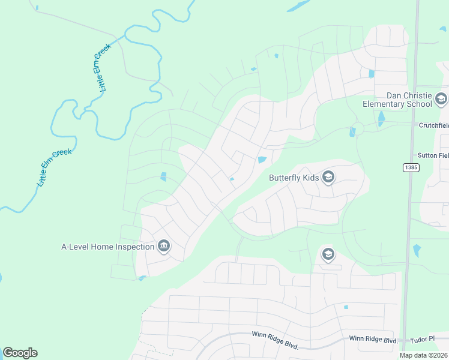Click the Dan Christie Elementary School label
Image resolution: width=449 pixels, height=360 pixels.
pyautogui.click(x=397, y=100)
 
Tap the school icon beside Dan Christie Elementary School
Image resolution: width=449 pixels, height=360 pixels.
pyautogui.click(x=441, y=99)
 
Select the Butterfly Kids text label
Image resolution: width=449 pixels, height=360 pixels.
pyautogui.click(x=294, y=178)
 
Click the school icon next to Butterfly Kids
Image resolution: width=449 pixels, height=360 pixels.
pyautogui.click(x=328, y=177)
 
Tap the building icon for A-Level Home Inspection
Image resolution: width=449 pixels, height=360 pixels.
pyautogui.click(x=163, y=246)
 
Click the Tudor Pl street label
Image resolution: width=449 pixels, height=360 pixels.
pyautogui.click(x=424, y=340)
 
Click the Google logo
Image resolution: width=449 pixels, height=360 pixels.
pyautogui.click(x=20, y=353)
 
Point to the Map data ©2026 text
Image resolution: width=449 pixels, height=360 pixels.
pyautogui.click(x=423, y=355)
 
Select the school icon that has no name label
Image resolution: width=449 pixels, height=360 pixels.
pyautogui.click(x=327, y=254)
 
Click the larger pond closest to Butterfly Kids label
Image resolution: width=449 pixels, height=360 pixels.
pyautogui.click(x=262, y=160)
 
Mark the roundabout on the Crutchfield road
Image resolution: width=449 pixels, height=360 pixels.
pyautogui.click(x=358, y=128)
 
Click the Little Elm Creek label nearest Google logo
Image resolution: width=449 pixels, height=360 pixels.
pyautogui.click(x=54, y=168)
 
